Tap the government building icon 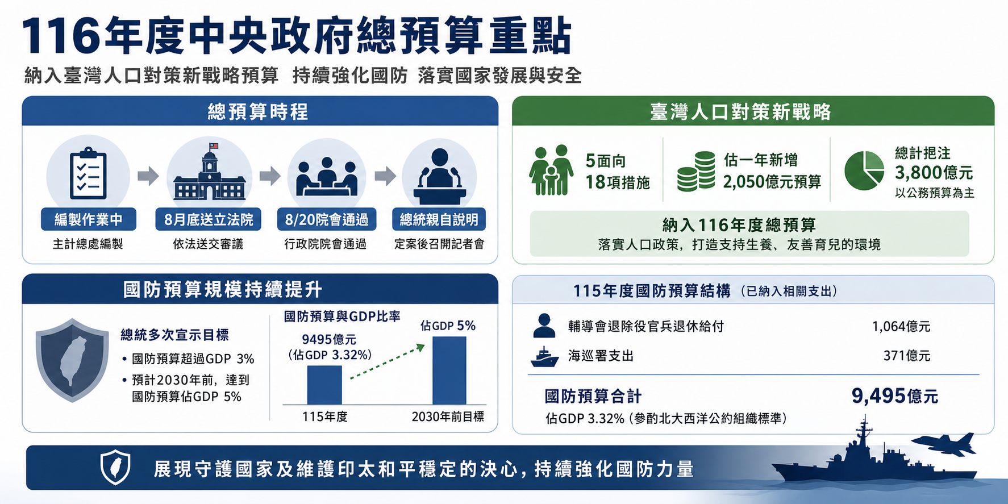210,172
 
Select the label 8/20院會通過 326,220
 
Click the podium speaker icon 440,176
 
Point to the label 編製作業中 89,220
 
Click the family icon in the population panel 551,170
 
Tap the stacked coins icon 696,171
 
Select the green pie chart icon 864,170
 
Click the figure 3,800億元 934,173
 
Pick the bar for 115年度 324,385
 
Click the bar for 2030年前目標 449,370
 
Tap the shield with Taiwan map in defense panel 72,360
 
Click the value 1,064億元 901,327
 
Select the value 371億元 907,356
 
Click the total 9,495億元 894,396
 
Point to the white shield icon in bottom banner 115,467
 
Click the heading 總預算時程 259,112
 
